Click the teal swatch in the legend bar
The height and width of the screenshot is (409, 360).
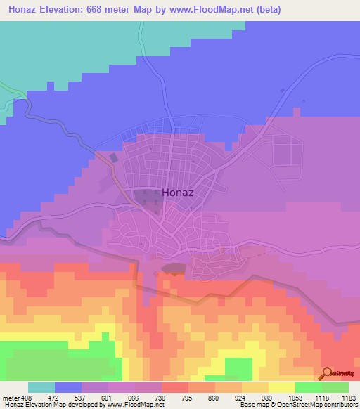(41, 387)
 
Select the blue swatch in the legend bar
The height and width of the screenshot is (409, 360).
(68, 387)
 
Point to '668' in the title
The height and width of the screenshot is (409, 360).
(111, 9)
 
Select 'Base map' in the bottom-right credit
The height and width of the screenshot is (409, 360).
(254, 405)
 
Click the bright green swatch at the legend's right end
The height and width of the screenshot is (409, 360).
(335, 387)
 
